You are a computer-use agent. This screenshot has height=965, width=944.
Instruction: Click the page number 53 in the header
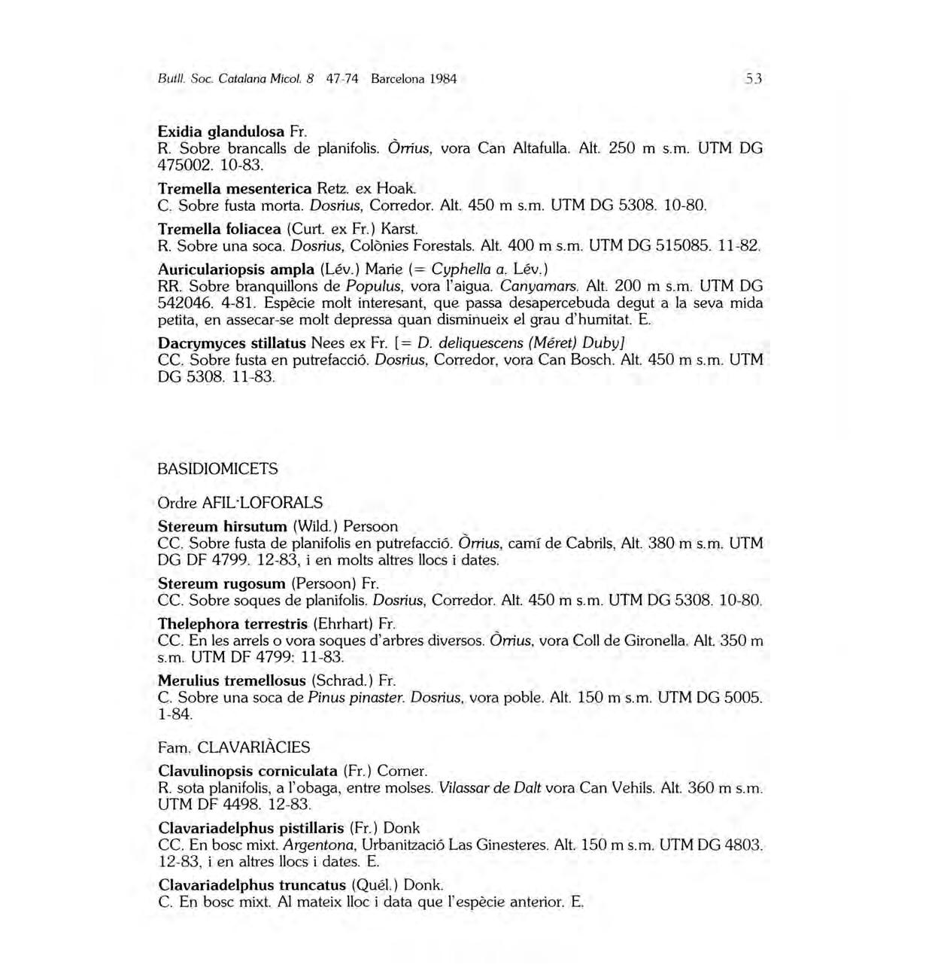(x=754, y=78)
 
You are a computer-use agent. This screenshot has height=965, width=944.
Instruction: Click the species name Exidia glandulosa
(x=220, y=132)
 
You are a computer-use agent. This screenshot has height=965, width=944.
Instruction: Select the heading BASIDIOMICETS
(x=217, y=469)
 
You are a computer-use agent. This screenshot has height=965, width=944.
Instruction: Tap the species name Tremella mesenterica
(x=235, y=188)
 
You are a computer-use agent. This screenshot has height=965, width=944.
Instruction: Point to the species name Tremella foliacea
(x=219, y=228)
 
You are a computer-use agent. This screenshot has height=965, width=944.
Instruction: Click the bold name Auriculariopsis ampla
(x=235, y=269)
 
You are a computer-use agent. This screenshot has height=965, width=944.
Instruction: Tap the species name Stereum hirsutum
(x=223, y=526)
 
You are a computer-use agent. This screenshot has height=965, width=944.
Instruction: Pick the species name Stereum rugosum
(x=222, y=583)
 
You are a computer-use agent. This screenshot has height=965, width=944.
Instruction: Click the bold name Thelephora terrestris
(x=232, y=624)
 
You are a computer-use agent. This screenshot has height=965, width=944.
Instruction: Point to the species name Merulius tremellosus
(x=232, y=680)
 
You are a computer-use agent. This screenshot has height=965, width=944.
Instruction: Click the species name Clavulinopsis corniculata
(x=247, y=771)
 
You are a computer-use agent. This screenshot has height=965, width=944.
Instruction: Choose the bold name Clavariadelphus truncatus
(x=252, y=884)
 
